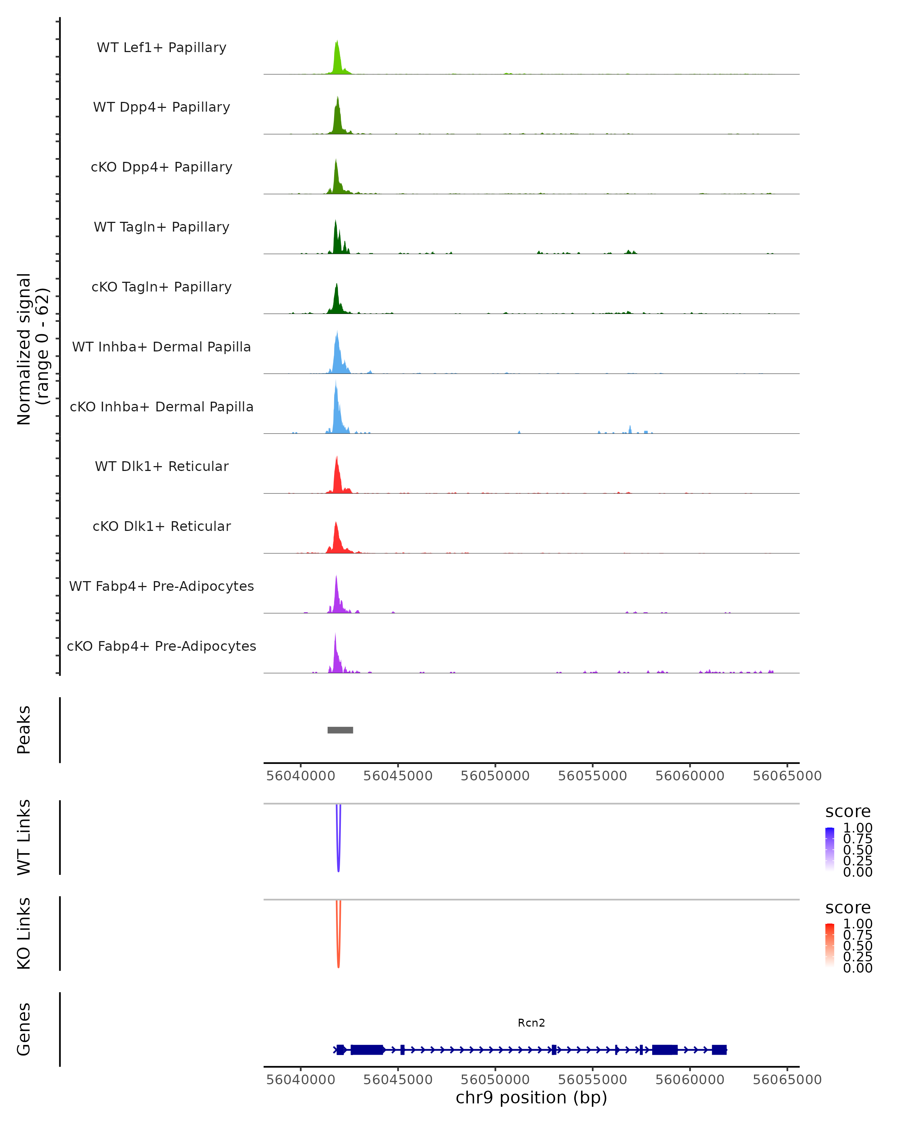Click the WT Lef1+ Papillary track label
161,48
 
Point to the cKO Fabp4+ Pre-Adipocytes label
161,646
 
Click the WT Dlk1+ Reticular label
161,466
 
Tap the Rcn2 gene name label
531,1023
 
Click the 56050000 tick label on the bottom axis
495,1080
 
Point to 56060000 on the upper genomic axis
690,776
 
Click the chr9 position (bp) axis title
531,1098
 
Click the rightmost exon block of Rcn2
719,1050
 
